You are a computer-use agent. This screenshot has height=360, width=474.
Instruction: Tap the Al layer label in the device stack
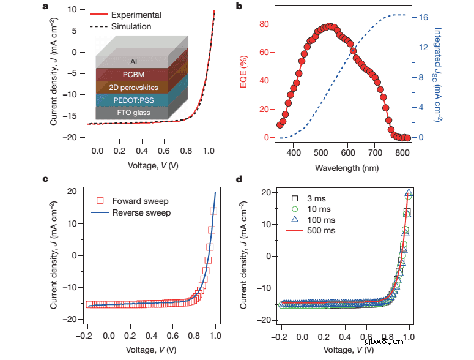(x=133, y=62)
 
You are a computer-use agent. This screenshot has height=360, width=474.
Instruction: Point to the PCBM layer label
(x=133, y=74)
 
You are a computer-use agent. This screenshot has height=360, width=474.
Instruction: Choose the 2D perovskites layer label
(x=133, y=87)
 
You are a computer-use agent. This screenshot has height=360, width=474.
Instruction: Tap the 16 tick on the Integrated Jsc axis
(x=421, y=18)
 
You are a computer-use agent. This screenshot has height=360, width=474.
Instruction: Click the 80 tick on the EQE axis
(x=265, y=24)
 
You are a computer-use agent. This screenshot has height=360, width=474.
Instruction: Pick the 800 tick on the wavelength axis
(x=402, y=152)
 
